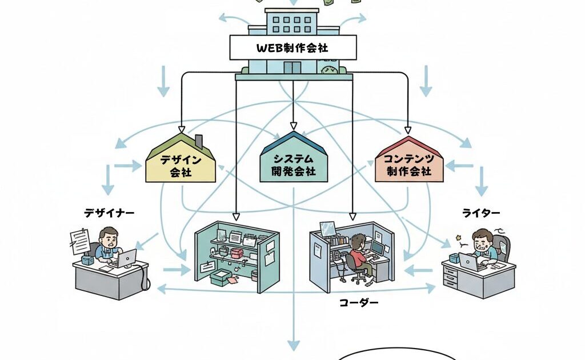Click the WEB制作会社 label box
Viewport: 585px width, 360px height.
(293, 47)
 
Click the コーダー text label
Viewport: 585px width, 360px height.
(359, 303)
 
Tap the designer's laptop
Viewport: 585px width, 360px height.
(125, 258)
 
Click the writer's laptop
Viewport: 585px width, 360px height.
(468, 262)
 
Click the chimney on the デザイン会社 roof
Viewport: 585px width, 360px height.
(199, 141)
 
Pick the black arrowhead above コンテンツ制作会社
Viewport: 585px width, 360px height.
(408, 129)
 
